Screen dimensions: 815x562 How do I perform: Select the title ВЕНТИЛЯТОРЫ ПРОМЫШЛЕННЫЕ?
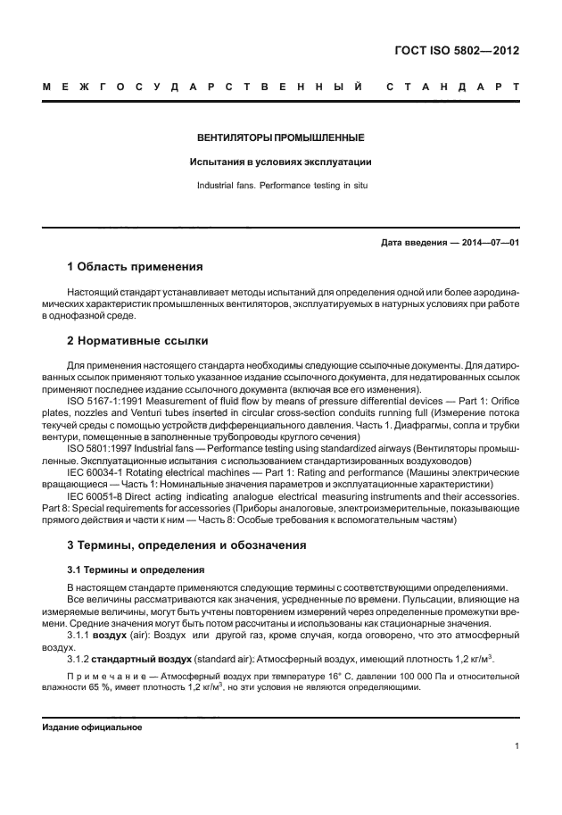280,138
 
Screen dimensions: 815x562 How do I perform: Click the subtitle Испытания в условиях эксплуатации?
280,162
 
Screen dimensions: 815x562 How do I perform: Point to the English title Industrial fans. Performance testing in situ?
280,187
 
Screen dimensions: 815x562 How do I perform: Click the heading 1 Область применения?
136,266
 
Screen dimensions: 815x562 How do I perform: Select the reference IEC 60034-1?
97,470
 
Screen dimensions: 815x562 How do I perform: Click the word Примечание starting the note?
103,678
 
